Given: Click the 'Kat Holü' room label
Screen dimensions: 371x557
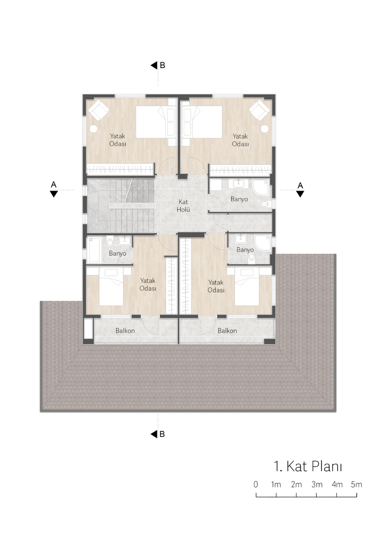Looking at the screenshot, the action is [x=183, y=206].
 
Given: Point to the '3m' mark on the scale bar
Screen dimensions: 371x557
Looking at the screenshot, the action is [x=317, y=484].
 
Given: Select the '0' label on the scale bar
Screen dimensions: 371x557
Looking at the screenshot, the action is [x=255, y=484].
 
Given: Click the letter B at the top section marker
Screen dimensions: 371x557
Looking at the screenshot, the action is [x=163, y=65].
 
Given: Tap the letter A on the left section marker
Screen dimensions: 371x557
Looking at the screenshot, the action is [x=54, y=185].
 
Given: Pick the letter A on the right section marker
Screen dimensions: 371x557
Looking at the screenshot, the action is [x=300, y=186].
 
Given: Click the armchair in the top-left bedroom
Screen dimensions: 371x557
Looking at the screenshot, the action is [x=99, y=110].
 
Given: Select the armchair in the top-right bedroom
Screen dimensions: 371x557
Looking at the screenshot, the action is [x=259, y=110].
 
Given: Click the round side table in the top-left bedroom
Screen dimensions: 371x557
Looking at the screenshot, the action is [x=94, y=129].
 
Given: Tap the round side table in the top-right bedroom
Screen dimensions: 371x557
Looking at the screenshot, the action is [x=265, y=129].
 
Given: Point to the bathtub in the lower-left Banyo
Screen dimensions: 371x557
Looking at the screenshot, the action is [x=94, y=250].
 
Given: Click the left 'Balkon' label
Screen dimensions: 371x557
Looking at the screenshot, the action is [x=125, y=331].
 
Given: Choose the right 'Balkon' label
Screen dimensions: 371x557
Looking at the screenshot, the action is [x=227, y=331].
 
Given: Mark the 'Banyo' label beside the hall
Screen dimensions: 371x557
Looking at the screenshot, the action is [x=239, y=199].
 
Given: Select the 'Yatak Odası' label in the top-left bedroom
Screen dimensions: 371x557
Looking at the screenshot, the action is [x=118, y=140].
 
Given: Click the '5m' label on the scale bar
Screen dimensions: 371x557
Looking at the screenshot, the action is [x=356, y=484].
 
